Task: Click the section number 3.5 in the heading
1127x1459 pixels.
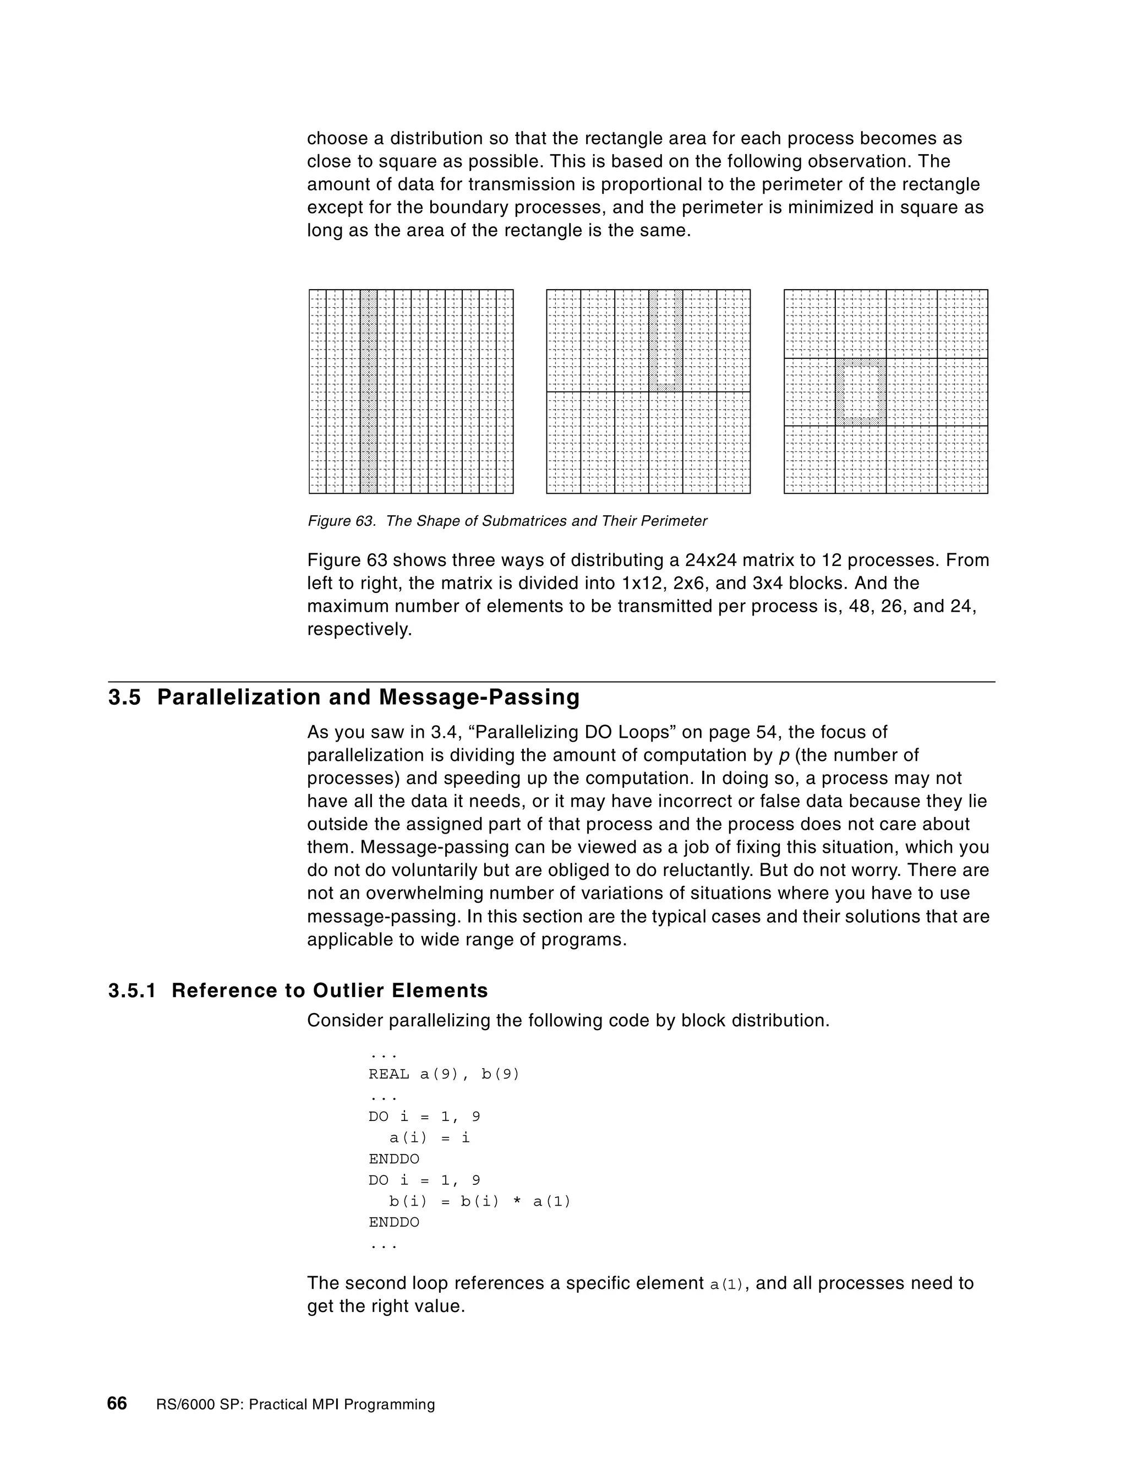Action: (x=125, y=698)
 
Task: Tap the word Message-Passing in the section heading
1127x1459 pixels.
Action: (x=479, y=698)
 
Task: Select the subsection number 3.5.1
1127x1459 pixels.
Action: (x=132, y=990)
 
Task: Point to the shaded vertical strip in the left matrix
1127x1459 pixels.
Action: (x=369, y=391)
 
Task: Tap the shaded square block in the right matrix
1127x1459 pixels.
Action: (x=861, y=392)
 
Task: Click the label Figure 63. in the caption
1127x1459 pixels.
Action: (x=341, y=521)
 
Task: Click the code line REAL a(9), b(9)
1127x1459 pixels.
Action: (x=444, y=1074)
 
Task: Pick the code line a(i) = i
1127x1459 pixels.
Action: (x=429, y=1137)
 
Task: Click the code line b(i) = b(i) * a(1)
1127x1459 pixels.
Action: (x=479, y=1201)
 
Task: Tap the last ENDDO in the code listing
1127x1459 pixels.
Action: (x=394, y=1222)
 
